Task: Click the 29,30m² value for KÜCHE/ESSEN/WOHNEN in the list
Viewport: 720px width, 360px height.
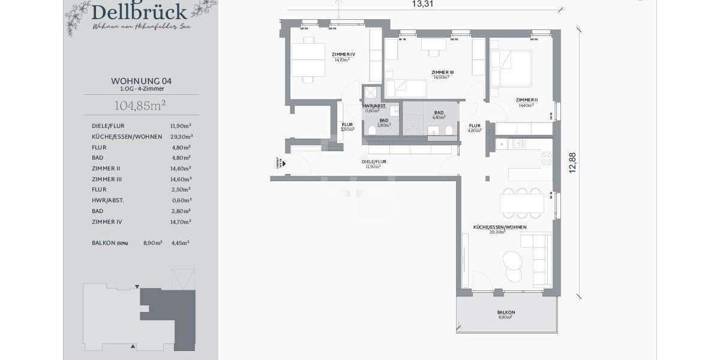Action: pyautogui.click(x=180, y=136)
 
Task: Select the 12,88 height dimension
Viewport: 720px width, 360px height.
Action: pyautogui.click(x=572, y=162)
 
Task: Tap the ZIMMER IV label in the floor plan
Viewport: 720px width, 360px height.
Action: pyautogui.click(x=343, y=54)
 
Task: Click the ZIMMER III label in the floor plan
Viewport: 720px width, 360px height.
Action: pyautogui.click(x=442, y=72)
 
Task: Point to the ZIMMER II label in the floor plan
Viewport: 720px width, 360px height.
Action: pyautogui.click(x=526, y=100)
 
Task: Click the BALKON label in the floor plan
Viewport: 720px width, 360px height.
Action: pyautogui.click(x=506, y=312)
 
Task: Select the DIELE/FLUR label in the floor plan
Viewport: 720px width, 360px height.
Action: pyautogui.click(x=373, y=161)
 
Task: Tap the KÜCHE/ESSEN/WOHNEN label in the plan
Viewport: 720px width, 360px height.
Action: pyautogui.click(x=499, y=227)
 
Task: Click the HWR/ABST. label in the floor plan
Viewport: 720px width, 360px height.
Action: pyautogui.click(x=374, y=106)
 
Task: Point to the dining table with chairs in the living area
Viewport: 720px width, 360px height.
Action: pyautogui.click(x=521, y=203)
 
